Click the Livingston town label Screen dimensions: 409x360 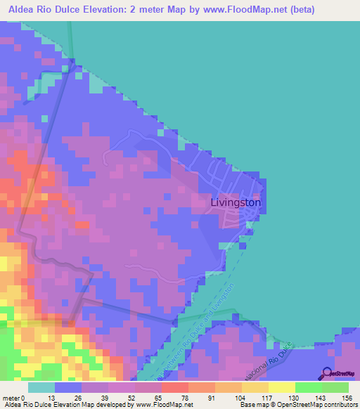[x=236, y=202]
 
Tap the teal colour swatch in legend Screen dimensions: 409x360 [x=41, y=387]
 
